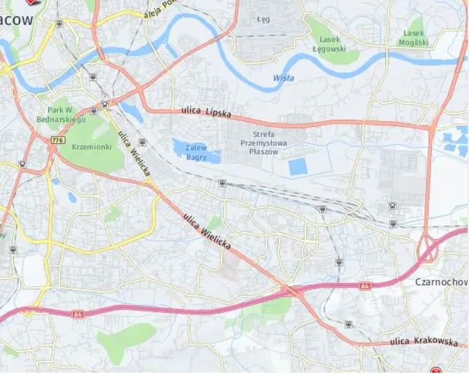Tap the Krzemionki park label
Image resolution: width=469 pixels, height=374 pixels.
pyautogui.click(x=91, y=147)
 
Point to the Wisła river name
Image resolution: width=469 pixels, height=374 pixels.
pyautogui.click(x=283, y=78)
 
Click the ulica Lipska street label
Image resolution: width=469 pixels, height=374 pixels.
pyautogui.click(x=206, y=111)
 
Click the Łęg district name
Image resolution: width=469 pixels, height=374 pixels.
pyautogui.click(x=263, y=19)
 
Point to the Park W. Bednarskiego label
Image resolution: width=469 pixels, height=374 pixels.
pyautogui.click(x=66, y=114)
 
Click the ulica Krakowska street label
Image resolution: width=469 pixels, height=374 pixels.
pyautogui.click(x=423, y=341)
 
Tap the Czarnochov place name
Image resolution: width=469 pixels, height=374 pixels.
pyautogui.click(x=441, y=282)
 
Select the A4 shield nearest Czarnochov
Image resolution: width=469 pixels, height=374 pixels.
pyautogui.click(x=366, y=286)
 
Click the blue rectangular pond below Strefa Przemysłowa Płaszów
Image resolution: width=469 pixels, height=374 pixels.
pyautogui.click(x=297, y=167)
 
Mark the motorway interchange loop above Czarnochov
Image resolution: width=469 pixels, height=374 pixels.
pyautogui.click(x=429, y=248)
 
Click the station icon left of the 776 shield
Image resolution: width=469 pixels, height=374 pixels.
pyautogui.click(x=23, y=164)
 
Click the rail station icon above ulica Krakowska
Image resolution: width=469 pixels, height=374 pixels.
pyautogui.click(x=348, y=323)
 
